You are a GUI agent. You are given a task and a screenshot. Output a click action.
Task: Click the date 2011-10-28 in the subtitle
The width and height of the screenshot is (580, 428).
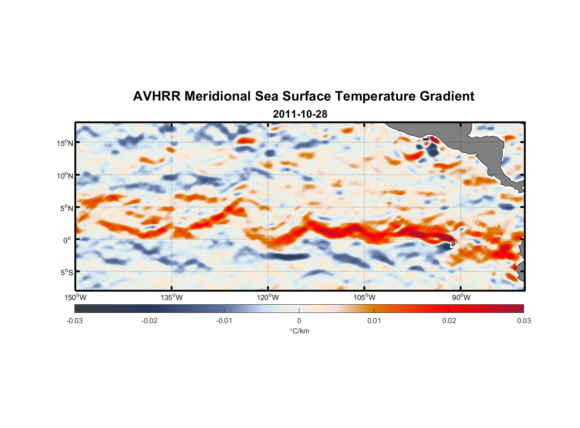coord(300,114)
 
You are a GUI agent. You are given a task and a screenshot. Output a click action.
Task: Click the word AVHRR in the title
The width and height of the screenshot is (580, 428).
coord(156,96)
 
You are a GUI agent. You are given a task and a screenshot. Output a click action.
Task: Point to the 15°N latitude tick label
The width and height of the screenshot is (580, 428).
coord(65,143)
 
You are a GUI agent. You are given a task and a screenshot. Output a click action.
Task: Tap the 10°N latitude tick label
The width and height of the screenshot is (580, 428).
coord(65,175)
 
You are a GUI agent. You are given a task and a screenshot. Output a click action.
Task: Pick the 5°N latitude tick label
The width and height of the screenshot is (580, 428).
coord(66,208)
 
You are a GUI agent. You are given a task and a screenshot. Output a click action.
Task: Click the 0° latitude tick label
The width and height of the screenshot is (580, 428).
coord(67,241)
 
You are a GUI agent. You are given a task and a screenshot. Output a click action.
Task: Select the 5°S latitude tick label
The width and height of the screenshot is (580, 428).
coord(66,273)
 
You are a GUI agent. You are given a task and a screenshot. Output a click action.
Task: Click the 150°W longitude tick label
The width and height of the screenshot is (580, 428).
coord(76,297)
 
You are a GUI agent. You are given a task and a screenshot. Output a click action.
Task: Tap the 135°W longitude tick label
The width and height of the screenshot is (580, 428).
coord(172,297)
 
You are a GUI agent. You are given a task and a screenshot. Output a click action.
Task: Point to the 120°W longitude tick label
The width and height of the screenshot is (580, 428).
coord(268,297)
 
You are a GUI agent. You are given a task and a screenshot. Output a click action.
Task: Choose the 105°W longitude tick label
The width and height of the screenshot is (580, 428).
coord(364,297)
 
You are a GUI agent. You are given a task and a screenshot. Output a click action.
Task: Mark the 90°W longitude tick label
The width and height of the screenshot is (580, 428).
coord(461,297)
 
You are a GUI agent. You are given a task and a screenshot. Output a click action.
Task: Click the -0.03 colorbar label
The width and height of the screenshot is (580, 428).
coord(74,321)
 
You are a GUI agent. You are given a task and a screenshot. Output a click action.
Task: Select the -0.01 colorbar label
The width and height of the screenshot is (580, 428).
coord(224,321)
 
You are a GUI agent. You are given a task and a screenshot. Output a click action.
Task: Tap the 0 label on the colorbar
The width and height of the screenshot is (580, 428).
coord(299,321)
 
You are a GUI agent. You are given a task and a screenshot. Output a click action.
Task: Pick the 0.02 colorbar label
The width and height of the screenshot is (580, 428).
coord(449,321)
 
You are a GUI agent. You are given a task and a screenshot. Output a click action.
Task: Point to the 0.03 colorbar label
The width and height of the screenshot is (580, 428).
coord(524,321)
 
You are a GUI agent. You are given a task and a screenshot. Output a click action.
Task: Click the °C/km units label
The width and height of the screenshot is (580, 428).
coord(299,331)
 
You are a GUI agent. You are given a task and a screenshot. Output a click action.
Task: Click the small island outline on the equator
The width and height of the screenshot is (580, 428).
coord(453,243)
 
